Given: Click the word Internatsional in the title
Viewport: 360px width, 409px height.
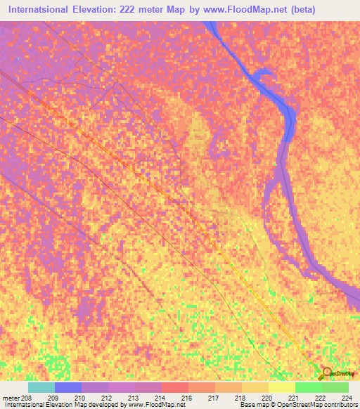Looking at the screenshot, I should (44, 10).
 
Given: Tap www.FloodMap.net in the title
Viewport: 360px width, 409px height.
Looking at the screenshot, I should (232, 10).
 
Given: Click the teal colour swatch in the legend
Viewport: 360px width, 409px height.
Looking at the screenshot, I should (41, 387).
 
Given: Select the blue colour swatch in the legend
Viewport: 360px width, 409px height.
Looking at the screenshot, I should (68, 387).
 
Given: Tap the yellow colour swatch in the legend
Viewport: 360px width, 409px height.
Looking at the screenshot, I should (282, 387).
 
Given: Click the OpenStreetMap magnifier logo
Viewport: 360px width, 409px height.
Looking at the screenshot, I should (326, 372).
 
